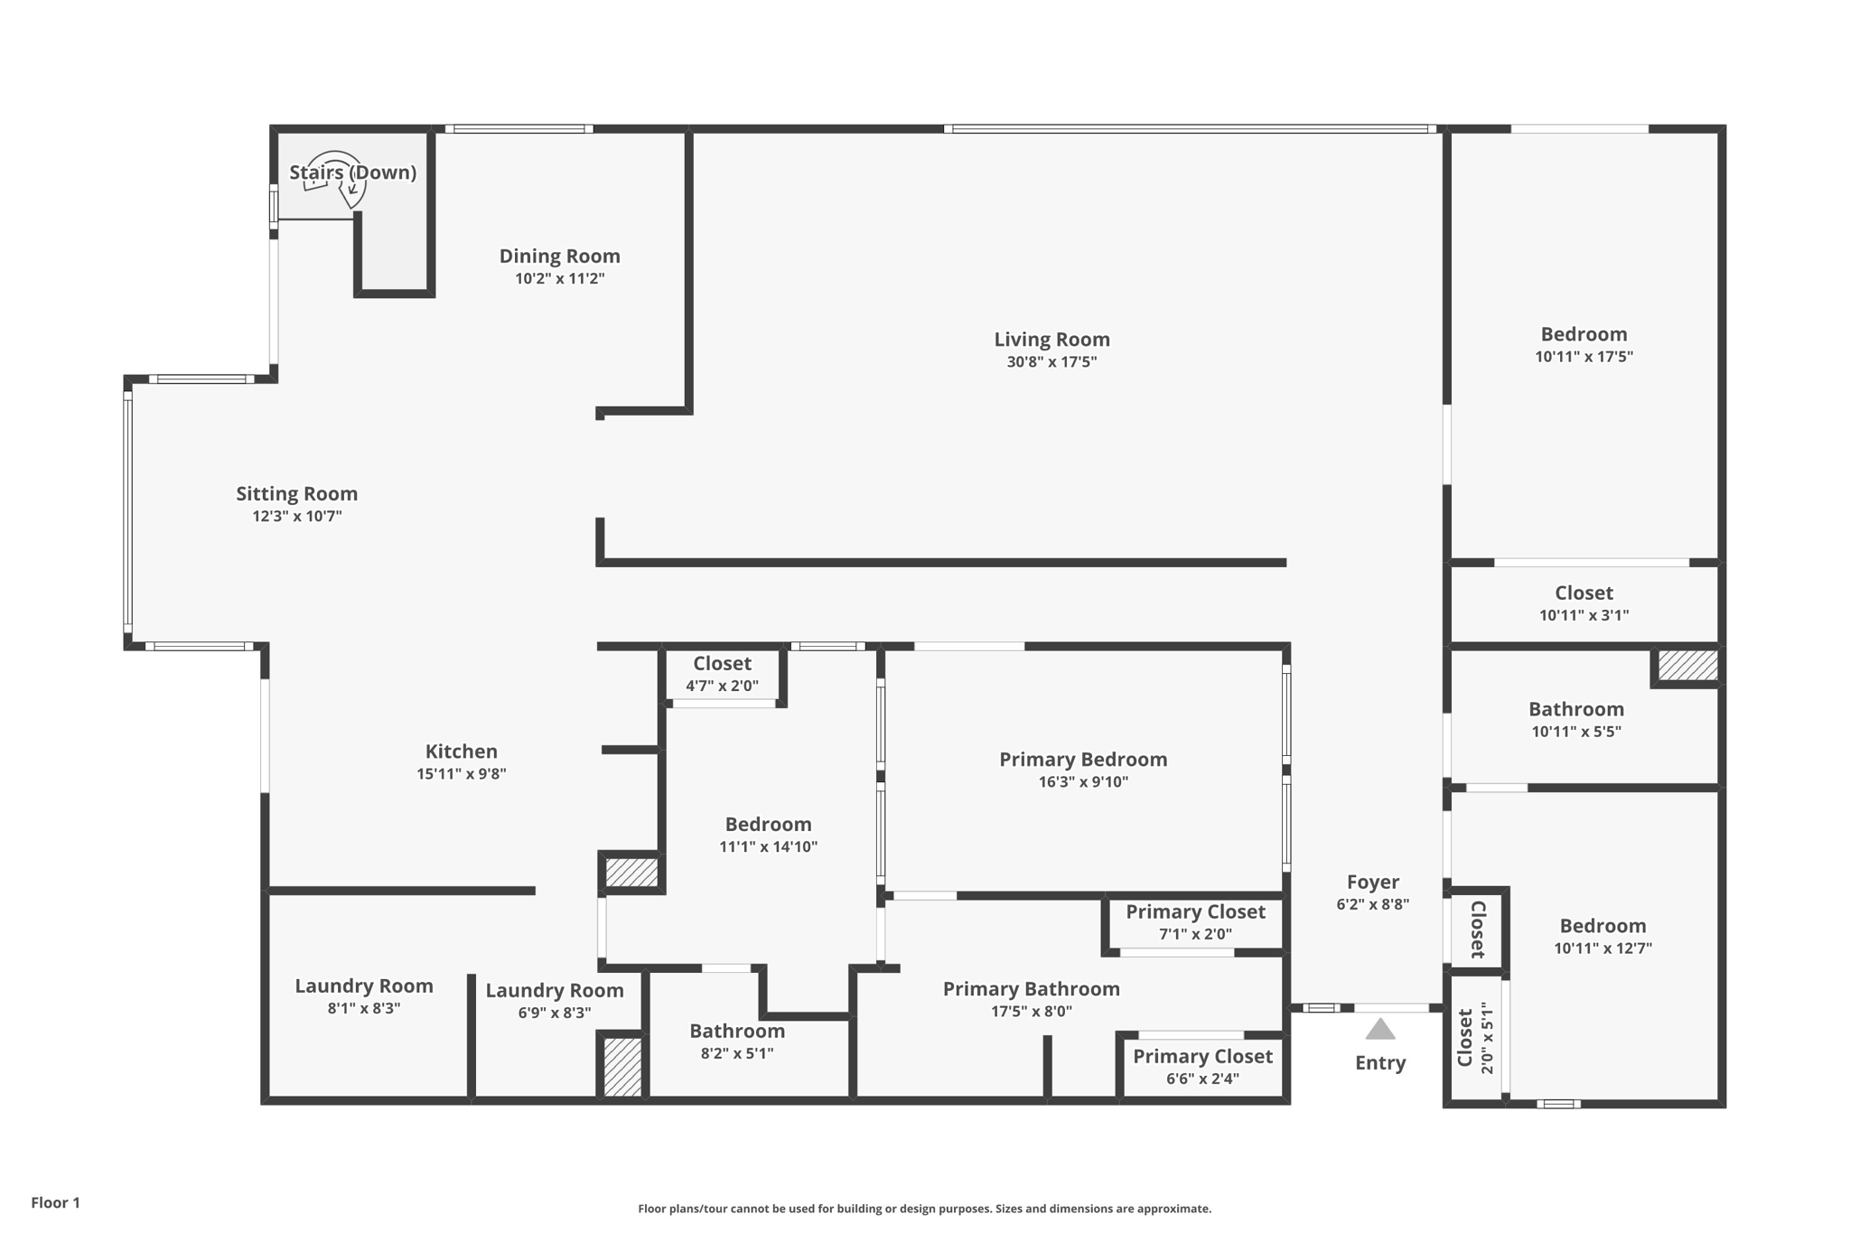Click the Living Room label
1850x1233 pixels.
coord(1051,340)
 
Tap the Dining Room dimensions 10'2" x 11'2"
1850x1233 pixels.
coord(559,279)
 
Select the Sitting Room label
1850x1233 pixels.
coord(296,494)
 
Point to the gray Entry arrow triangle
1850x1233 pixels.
coord(1379,1030)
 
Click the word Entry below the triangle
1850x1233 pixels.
coord(1379,1063)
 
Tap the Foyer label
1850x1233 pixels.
coord(1372,883)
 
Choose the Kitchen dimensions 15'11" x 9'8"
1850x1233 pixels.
coord(461,774)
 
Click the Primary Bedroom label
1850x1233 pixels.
coord(1082,760)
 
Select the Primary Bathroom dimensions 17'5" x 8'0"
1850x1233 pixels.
coord(1031,1012)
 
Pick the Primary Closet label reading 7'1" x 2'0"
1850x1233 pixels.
coord(1194,912)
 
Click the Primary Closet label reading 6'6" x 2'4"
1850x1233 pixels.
coord(1202,1057)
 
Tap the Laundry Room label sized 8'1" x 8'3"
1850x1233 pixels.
coord(363,986)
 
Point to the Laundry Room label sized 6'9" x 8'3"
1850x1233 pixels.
coord(554,991)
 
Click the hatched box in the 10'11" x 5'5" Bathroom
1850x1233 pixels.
coord(1686,666)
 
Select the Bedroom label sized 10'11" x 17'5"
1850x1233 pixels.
coord(1584,335)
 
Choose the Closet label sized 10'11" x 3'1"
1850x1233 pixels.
coord(1583,593)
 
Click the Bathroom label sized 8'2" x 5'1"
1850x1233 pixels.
coord(736,1032)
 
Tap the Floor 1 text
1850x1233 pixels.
coord(55,1203)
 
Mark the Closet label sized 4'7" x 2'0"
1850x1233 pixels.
coord(722,664)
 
